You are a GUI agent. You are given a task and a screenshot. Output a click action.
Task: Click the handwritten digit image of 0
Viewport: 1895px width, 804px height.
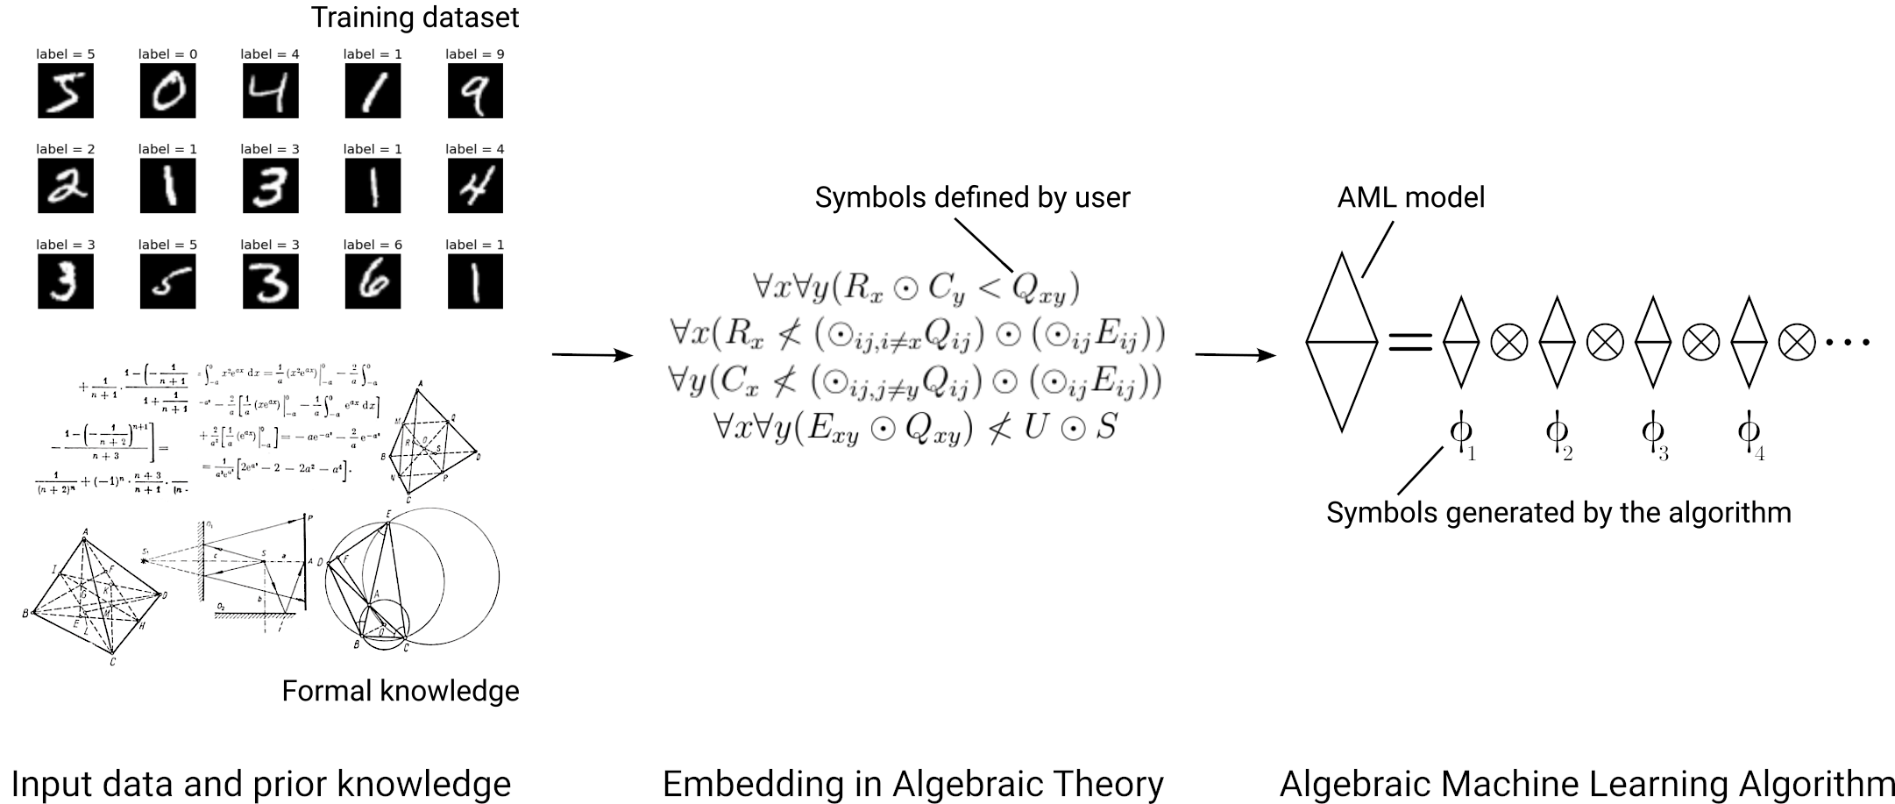[167, 91]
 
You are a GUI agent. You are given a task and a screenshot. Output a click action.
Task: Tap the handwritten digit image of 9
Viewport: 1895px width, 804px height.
[475, 91]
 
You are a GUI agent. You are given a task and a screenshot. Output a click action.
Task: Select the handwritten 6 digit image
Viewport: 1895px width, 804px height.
[373, 281]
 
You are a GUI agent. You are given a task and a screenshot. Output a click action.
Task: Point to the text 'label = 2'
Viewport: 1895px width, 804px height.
[65, 149]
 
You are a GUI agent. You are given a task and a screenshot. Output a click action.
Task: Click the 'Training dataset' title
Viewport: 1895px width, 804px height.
[415, 18]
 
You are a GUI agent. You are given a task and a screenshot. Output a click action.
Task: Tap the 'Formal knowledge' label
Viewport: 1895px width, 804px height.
[400, 691]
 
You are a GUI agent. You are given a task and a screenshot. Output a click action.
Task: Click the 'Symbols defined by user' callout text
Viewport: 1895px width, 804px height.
[972, 197]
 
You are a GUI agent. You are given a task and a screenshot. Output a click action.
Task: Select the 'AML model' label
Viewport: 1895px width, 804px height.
[1410, 197]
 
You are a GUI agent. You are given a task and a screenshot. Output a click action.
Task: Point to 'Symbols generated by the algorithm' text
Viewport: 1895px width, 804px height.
[1558, 512]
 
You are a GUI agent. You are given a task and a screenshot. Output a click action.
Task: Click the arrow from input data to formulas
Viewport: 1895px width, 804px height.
[592, 354]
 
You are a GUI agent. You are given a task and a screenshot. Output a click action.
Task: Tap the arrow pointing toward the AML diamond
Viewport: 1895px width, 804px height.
[1235, 354]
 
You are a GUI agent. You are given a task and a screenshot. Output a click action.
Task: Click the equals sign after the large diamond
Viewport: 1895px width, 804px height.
[1410, 342]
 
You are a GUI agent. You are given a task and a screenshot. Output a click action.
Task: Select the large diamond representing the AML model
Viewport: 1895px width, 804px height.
[1341, 342]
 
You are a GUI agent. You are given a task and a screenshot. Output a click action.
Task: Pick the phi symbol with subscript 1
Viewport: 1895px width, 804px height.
[1461, 432]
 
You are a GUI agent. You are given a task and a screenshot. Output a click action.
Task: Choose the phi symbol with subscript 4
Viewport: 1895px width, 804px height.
[1749, 432]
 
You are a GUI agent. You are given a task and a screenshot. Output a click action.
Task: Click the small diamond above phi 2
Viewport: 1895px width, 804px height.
[1557, 342]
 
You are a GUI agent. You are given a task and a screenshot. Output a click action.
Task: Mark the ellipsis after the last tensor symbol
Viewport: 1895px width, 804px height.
[1847, 342]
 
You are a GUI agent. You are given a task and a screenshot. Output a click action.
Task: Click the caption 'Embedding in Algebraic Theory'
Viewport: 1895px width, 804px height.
[912, 783]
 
